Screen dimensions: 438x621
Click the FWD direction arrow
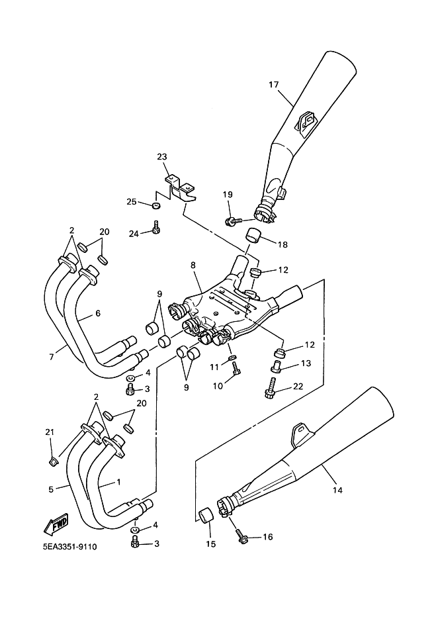56,524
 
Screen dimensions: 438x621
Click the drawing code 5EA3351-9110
70,547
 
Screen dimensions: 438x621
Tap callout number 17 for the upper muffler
274,84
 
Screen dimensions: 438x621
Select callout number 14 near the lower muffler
337,490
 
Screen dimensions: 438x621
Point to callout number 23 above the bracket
162,157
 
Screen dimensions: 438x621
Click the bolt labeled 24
156,228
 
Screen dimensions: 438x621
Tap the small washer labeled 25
156,205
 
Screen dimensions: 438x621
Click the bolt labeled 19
232,221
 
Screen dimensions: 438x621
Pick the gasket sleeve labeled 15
205,515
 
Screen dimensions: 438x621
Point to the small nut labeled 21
52,461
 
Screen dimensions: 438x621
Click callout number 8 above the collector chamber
193,265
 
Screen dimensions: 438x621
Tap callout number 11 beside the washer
214,367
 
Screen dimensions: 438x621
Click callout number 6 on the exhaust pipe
98,313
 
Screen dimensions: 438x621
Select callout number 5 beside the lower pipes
51,489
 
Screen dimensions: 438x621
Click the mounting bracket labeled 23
180,189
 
